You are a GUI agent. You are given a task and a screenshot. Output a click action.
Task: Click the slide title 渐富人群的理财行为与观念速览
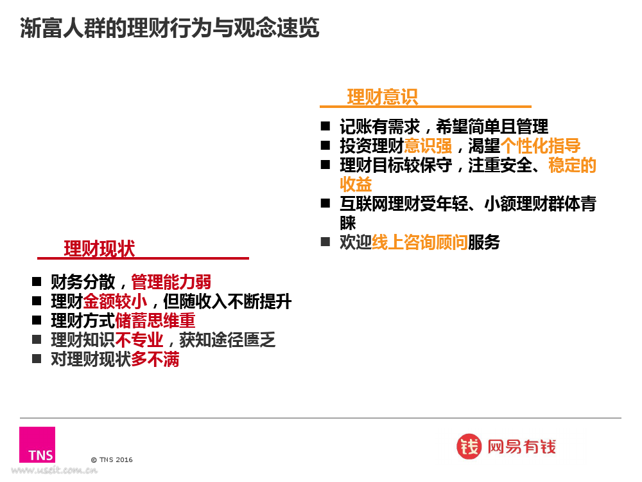[x=169, y=28]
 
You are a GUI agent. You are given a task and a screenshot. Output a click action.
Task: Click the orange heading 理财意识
[x=383, y=97]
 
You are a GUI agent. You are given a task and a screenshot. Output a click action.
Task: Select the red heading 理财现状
[x=99, y=249]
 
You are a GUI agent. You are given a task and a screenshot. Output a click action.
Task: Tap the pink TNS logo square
[x=37, y=445]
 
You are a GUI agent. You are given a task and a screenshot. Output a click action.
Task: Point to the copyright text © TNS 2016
[x=112, y=460]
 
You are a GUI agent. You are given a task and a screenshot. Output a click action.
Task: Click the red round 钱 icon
[x=469, y=447]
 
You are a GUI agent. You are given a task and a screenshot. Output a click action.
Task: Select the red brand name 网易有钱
[x=521, y=447]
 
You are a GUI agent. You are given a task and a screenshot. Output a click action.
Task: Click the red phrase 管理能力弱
[x=171, y=282]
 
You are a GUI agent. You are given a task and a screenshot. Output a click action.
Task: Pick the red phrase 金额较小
[x=115, y=301]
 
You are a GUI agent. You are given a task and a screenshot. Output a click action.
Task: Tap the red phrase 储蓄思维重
[x=155, y=321]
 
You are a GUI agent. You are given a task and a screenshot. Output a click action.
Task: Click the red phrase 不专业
[x=139, y=340]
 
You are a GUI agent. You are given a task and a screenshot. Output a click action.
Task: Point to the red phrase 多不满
[x=155, y=359]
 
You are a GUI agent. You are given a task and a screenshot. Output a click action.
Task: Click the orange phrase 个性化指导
[x=541, y=146]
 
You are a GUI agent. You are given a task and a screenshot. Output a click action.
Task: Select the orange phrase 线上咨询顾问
[x=420, y=242]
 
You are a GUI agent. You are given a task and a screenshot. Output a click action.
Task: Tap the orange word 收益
[x=356, y=184]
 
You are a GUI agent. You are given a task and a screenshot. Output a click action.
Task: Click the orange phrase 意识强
[x=428, y=146]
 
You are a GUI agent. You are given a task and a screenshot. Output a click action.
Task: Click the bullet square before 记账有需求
[x=325, y=126]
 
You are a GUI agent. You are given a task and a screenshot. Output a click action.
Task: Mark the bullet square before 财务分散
[x=37, y=281]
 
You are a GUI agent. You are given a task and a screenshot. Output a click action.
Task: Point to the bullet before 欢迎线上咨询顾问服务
[x=325, y=242]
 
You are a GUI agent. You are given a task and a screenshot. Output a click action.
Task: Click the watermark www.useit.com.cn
[x=54, y=470]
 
